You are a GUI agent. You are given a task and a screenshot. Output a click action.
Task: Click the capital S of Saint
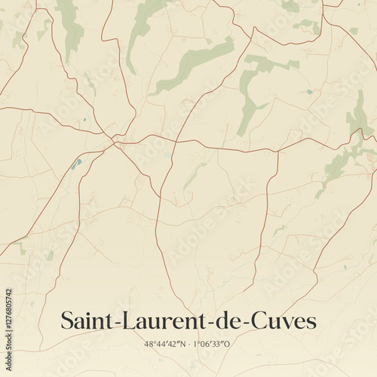67,321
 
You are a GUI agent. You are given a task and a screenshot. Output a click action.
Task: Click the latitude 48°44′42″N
165,344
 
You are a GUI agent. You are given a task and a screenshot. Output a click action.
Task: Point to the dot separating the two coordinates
189,344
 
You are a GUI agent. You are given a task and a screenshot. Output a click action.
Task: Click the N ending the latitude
182,344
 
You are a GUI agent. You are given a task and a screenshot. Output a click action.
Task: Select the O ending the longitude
228,344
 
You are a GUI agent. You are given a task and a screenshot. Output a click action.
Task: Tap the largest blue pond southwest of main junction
76,163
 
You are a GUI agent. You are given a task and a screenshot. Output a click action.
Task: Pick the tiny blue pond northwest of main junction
85,119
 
